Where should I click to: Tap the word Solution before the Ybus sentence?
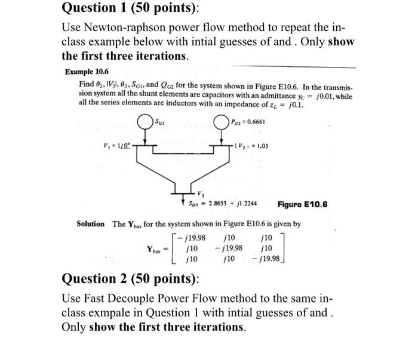tap(91, 223)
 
